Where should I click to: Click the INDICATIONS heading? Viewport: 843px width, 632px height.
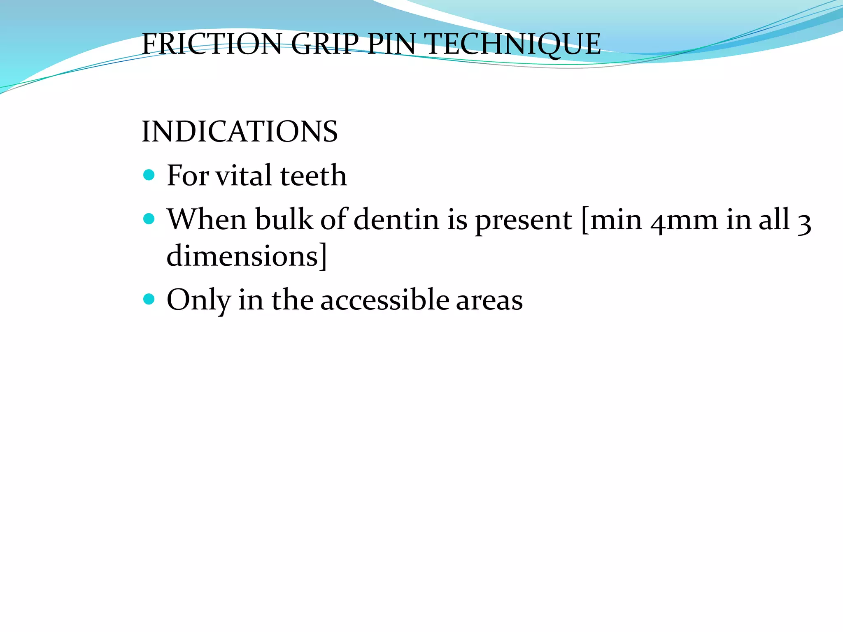240,132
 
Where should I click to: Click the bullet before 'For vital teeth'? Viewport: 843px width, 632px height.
149,175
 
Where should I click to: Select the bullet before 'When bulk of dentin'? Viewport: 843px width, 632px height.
149,218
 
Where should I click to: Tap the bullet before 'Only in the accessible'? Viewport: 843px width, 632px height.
149,299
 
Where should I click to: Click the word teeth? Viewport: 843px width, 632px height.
313,176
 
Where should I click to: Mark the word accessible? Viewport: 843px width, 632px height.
384,300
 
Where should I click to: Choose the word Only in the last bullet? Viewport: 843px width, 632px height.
198,301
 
